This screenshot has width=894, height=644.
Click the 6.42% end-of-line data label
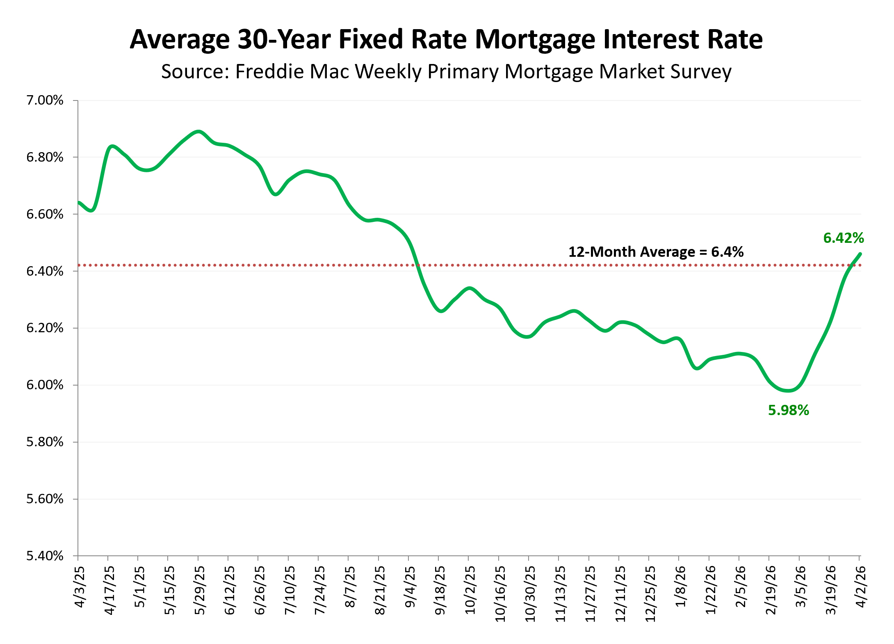[x=843, y=238]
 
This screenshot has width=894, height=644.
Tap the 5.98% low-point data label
[x=788, y=410]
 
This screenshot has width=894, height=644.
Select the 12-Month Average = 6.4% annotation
[x=655, y=252]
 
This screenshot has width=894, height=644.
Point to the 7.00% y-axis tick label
[x=45, y=100]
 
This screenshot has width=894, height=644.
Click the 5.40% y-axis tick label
[x=45, y=556]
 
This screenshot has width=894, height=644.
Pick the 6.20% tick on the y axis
[x=45, y=328]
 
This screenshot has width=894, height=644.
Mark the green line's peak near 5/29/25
[x=198, y=132]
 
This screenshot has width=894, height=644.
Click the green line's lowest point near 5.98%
[x=788, y=391]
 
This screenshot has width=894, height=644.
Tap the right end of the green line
[x=860, y=254]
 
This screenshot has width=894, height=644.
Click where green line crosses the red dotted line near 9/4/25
[x=418, y=265]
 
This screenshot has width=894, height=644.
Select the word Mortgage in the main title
[x=535, y=40]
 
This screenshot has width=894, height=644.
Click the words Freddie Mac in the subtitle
[x=292, y=72]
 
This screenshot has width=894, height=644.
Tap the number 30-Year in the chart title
[x=284, y=40]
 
